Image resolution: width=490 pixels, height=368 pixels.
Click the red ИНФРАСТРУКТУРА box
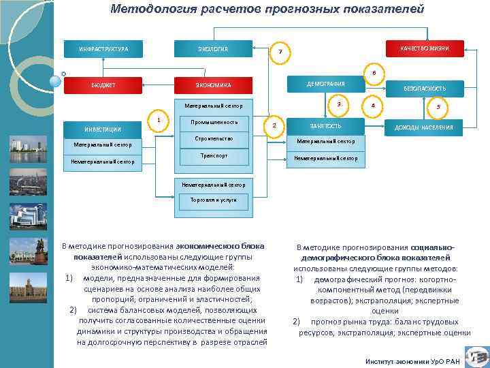coord(104,49)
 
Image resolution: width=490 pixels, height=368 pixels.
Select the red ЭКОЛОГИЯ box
coord(214,49)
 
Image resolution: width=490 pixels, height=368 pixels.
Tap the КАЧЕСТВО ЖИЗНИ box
coord(423,48)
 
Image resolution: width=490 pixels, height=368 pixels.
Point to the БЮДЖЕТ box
coord(104,85)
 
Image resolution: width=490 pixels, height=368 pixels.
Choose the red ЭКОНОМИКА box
coord(214,85)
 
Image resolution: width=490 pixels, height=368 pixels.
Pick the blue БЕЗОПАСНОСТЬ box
coord(425,89)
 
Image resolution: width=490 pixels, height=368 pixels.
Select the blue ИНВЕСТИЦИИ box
coord(103,129)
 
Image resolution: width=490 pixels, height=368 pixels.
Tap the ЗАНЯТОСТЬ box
coord(325,126)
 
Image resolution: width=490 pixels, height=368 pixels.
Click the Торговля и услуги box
coord(214,200)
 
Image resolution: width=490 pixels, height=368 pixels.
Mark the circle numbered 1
coord(158,120)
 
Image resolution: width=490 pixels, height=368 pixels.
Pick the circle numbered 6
coord(373,73)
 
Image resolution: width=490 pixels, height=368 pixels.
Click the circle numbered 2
coord(274,126)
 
